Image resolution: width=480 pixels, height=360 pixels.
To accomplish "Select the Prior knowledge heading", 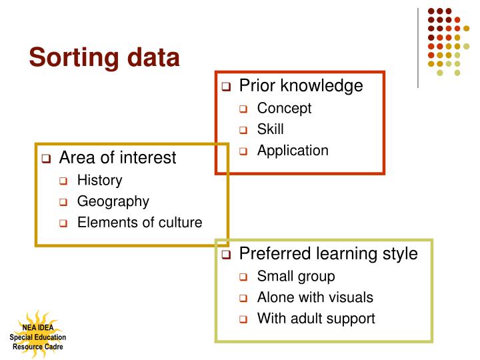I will pos(301,85).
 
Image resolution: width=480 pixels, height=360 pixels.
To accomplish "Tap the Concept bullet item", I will pos(284,108).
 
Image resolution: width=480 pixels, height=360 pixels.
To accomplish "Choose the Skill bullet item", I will pos(271,129).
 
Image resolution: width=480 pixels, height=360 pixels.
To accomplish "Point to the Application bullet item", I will pos(293,151).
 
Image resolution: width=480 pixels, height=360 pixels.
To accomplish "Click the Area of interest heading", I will pos(117,157).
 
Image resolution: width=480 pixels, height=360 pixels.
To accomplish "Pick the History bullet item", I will pos(99,180).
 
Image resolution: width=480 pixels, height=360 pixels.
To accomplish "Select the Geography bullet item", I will pos(113,201).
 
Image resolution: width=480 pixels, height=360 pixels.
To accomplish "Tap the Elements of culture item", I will pos(139,223).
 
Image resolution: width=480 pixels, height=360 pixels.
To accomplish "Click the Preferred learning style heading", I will pos(328,253).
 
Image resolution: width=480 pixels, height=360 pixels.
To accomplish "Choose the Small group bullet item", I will pos(296,276).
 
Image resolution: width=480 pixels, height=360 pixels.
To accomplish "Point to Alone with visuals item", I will pos(315,297).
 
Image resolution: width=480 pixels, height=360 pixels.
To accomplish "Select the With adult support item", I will pos(316,319).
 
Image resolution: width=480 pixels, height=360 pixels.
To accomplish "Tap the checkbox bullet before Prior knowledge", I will pos(226,87).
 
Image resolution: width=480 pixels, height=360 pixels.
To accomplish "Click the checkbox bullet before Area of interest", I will pos(46,159).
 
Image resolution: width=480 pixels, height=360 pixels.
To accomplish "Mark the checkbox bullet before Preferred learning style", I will pos(226,255).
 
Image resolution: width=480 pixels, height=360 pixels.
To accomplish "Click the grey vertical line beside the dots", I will pos(417,47).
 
